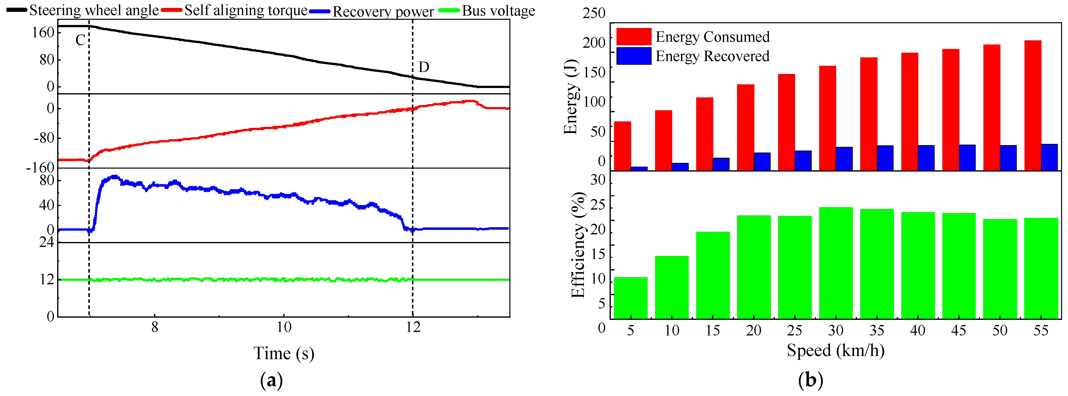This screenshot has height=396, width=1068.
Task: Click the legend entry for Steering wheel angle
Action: coord(83,10)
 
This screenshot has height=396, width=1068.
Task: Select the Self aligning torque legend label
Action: coord(235,10)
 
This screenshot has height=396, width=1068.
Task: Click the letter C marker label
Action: coord(80,40)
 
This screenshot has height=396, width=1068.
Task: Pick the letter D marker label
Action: coord(424,67)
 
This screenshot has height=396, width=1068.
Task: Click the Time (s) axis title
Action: coord(284,353)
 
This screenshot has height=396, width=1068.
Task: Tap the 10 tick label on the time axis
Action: coord(284,327)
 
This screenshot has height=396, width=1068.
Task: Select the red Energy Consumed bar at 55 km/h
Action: coord(1033,105)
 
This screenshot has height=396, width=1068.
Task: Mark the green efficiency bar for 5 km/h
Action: coord(631,298)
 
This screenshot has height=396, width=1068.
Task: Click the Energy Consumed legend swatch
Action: coord(634,36)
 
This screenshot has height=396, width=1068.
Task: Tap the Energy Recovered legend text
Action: coord(712,56)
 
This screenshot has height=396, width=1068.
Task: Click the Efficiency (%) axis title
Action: coord(577,245)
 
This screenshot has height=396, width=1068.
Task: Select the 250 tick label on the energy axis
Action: coord(594,13)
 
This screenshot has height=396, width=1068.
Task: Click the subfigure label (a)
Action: coord(272,380)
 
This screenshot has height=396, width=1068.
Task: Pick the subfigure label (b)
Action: coord(810,380)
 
